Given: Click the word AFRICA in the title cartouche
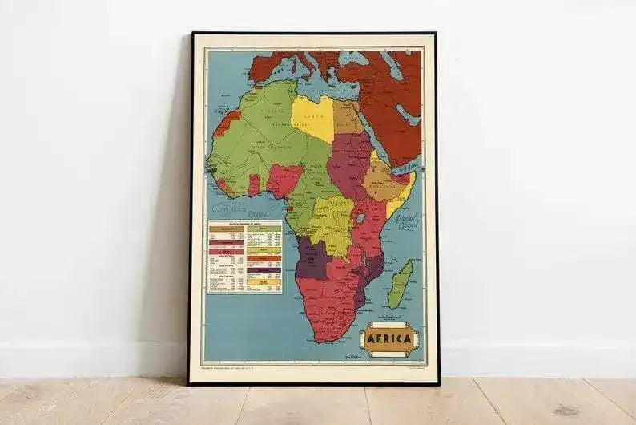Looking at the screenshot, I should (389, 338).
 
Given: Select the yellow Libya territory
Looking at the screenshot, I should (313, 118).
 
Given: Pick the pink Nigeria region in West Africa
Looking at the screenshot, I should (284, 179).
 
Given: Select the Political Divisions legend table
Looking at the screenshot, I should (244, 257).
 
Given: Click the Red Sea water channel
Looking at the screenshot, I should (376, 136).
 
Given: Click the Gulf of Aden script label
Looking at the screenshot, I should (408, 168).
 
